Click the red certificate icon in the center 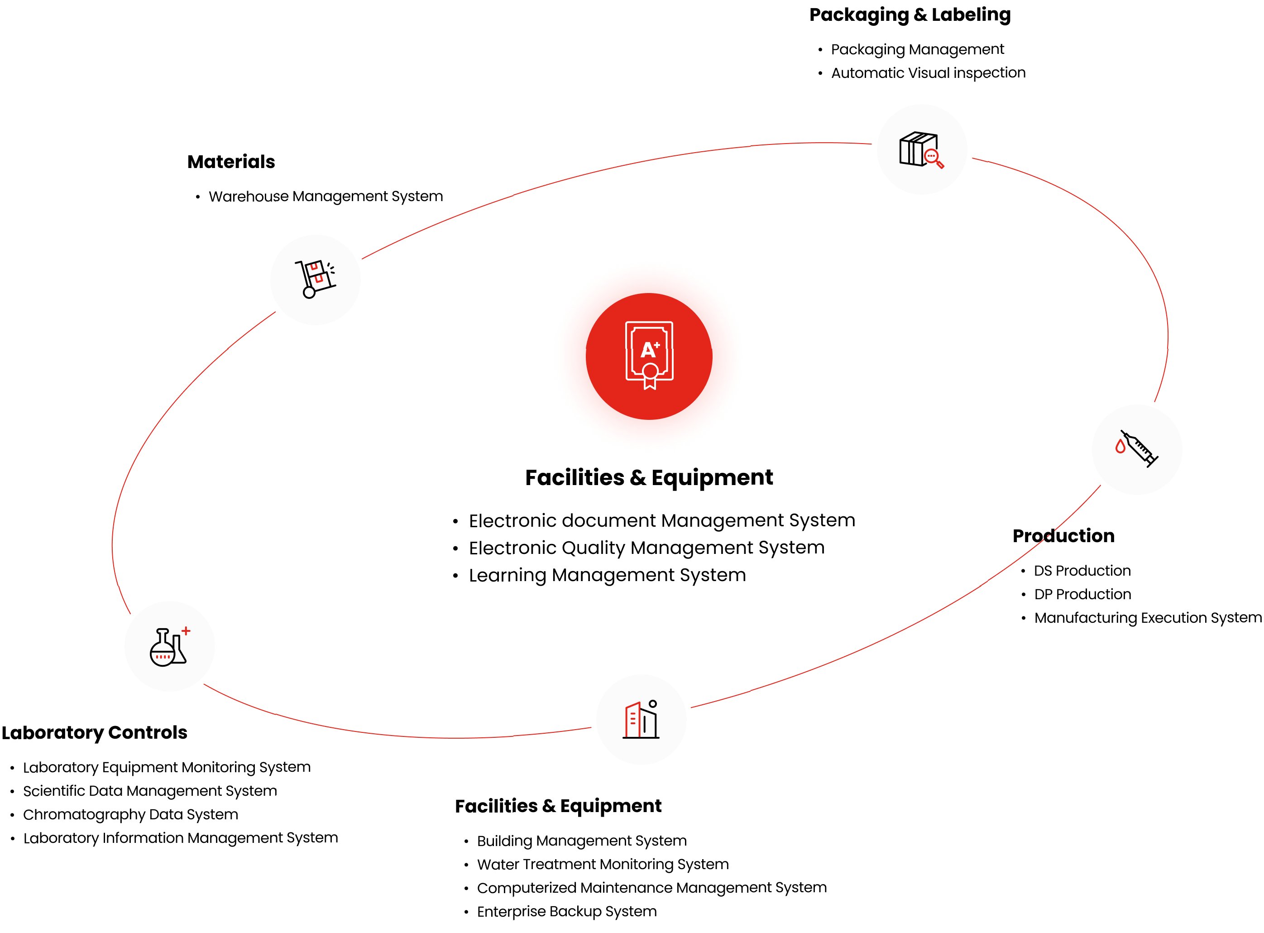[649, 356]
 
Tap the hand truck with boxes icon [315, 279]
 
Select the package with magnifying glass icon [921, 149]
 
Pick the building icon [642, 720]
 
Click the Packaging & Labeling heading [910, 14]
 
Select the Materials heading [231, 162]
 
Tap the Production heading [1063, 536]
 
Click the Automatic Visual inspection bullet [928, 73]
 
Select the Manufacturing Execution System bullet [1147, 618]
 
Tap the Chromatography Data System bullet [130, 814]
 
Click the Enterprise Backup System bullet [567, 912]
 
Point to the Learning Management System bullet [608, 575]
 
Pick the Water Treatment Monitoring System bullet [603, 865]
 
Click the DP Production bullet [1082, 594]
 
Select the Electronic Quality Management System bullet [646, 548]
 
